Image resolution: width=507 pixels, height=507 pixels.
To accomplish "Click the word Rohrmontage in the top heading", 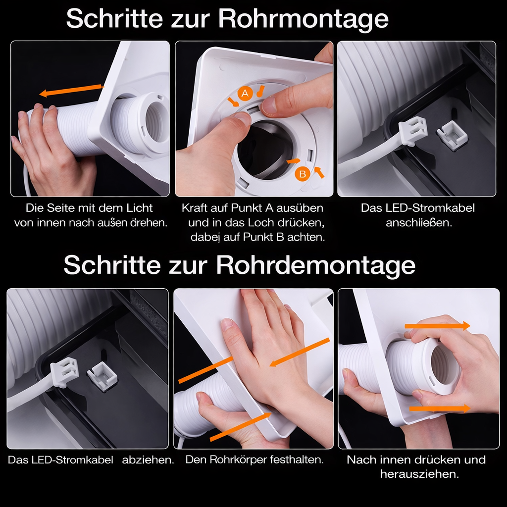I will pos(303,19).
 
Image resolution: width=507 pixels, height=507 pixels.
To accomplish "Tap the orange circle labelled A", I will pos(244,93).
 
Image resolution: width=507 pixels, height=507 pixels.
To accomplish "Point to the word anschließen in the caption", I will pos(418,223).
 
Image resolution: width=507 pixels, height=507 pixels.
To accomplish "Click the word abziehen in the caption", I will pos(148,460).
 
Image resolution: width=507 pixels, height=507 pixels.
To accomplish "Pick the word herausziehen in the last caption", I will pos(419,474).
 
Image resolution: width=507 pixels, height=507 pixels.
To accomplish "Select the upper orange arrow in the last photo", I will pos(438,325).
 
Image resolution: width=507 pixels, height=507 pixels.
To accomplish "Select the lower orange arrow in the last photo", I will pos(439,408).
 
